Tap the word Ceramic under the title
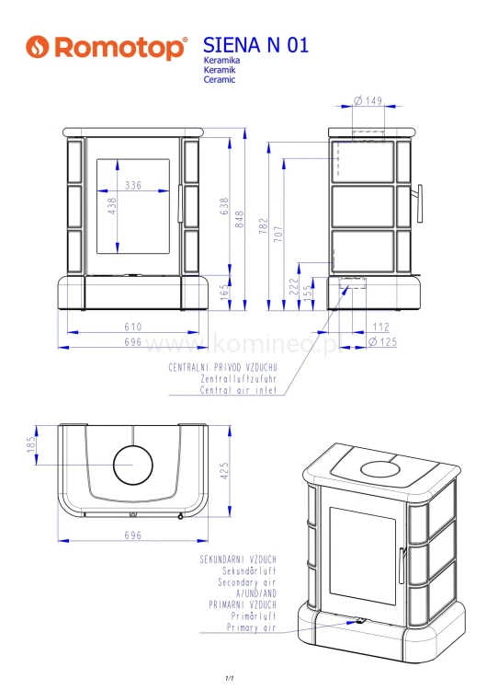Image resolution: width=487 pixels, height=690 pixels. tap(220, 80)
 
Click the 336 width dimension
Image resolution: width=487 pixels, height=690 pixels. tap(133, 187)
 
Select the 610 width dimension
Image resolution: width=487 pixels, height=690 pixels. tap(132, 327)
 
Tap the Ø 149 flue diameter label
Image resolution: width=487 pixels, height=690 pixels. tap(368, 101)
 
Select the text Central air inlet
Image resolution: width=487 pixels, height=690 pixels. tap(239, 390)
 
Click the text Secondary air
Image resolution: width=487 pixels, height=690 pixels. tap(246, 582)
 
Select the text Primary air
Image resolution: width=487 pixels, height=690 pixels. tap(251, 627)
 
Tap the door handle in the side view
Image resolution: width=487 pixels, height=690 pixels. tap(419, 203)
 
